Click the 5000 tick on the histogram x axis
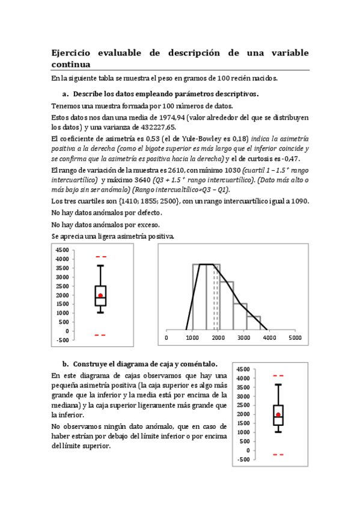(295, 338)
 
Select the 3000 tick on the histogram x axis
(243, 338)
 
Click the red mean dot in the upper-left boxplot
(100, 295)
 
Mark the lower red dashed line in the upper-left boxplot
(100, 335)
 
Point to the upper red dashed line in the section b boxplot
(278, 376)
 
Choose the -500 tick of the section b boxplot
(243, 459)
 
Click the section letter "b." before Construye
(66, 364)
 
